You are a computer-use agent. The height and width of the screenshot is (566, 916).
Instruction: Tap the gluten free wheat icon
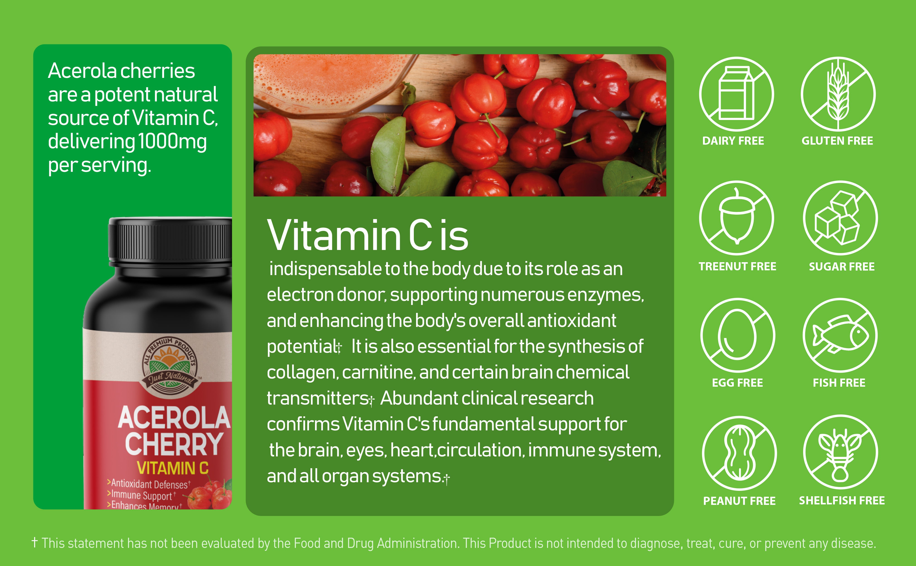click(838, 94)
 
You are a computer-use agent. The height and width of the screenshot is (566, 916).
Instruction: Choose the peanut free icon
click(739, 453)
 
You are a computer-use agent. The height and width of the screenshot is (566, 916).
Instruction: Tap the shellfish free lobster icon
click(840, 452)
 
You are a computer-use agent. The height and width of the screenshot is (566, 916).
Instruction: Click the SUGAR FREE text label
click(841, 266)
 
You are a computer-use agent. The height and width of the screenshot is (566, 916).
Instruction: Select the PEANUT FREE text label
click(739, 501)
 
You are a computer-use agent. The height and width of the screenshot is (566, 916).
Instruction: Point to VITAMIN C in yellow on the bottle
click(173, 468)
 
